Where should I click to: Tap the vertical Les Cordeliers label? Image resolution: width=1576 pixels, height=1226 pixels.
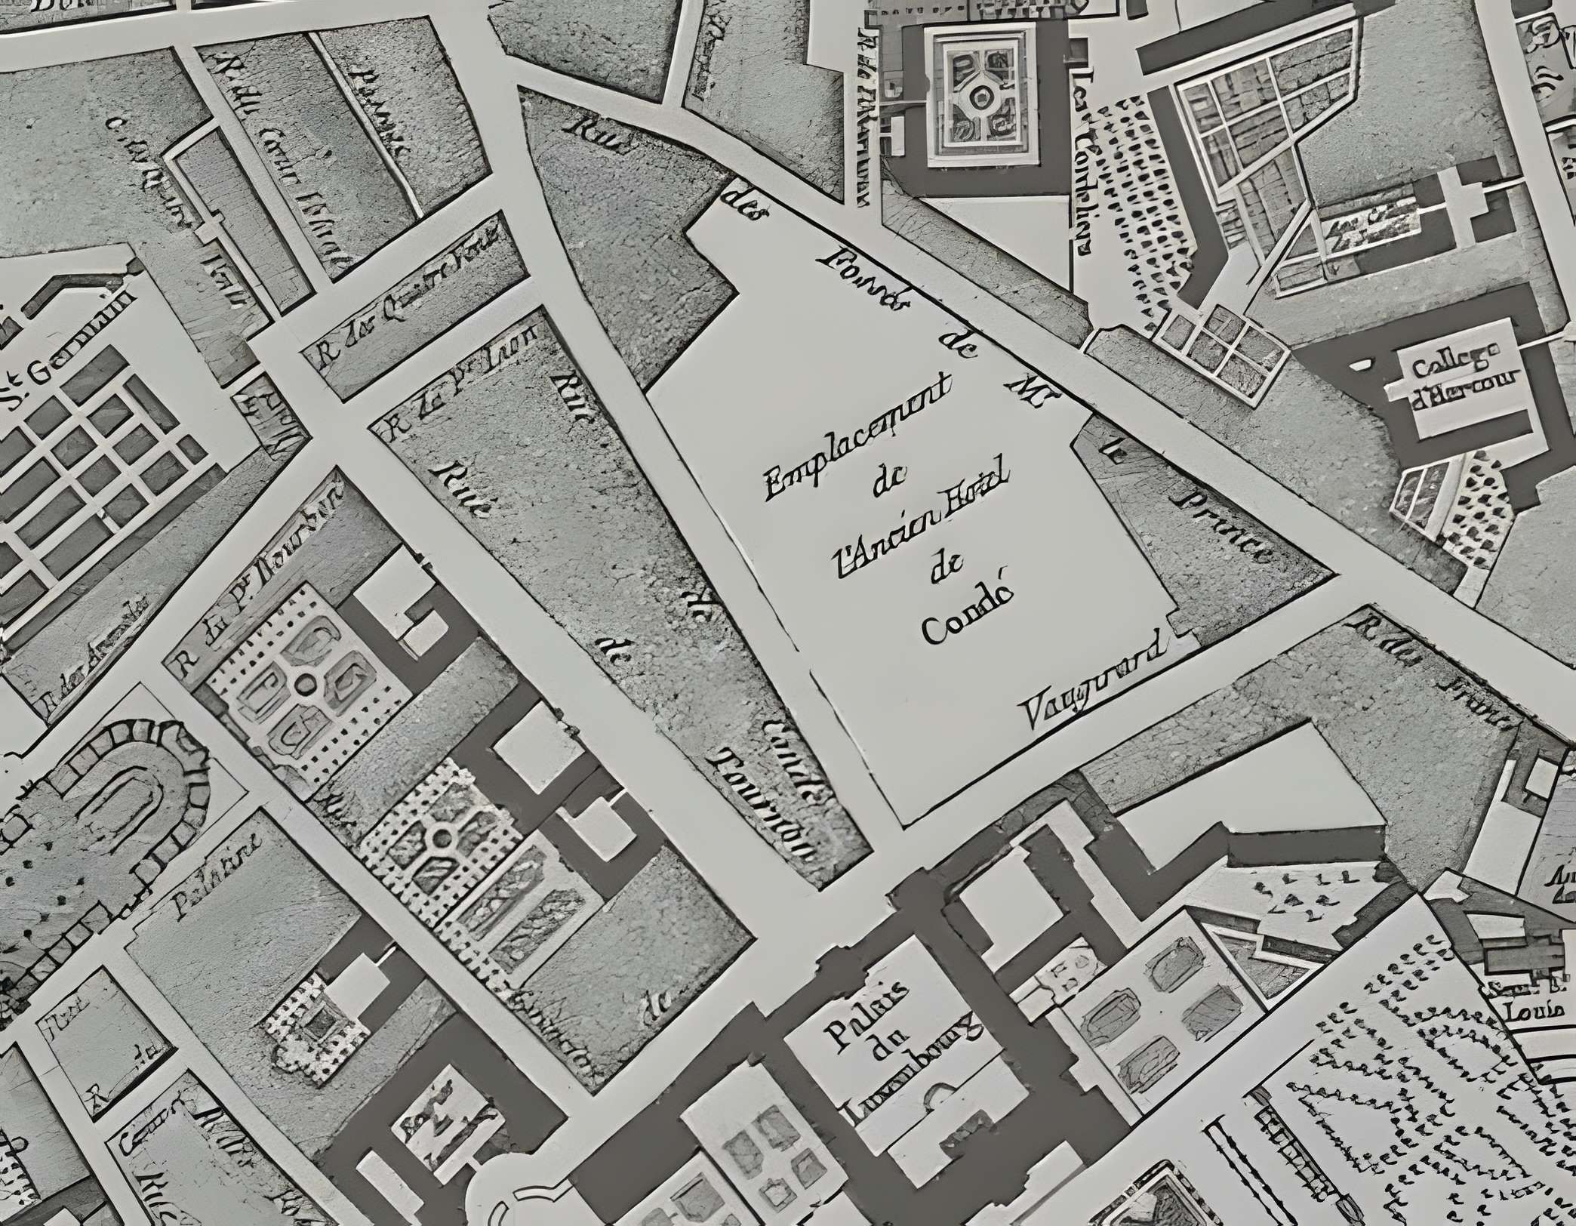point(1084,162)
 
